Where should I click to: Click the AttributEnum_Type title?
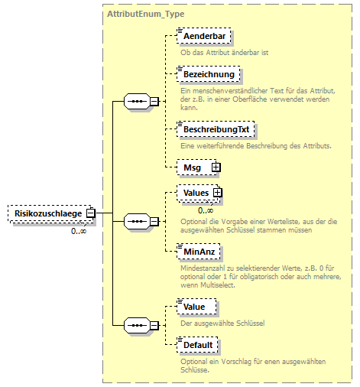tap(145, 14)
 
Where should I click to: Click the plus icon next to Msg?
tap(216, 166)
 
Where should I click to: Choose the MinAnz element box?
tap(199, 250)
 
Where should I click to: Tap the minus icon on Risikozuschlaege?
tap(90, 213)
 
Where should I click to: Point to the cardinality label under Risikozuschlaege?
tap(79, 230)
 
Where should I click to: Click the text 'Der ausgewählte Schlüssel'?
tap(222, 323)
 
